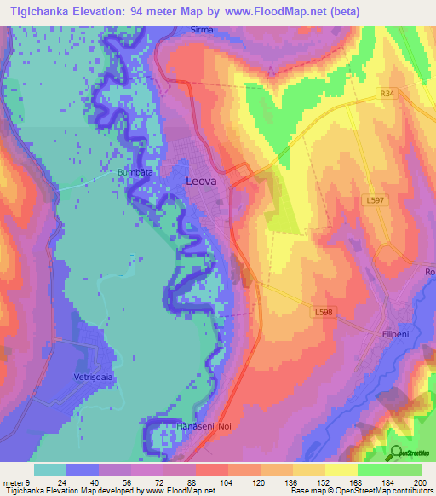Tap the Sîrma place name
click(202, 30)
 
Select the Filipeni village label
click(395, 335)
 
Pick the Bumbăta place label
click(135, 172)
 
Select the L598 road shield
click(324, 313)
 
